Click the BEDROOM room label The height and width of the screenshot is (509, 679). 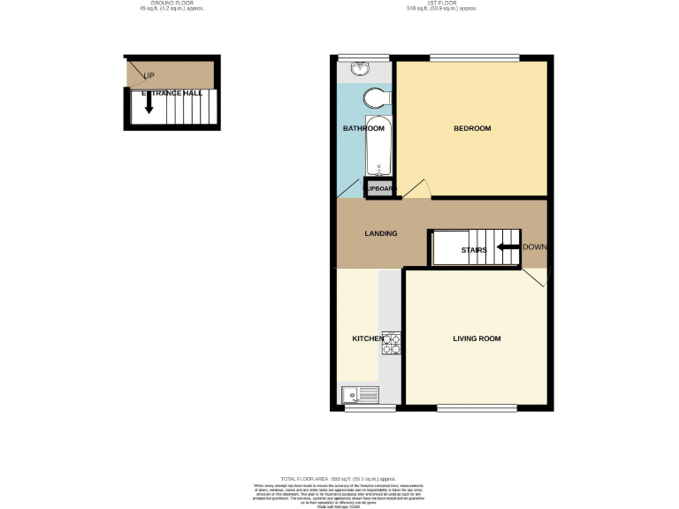point(471,129)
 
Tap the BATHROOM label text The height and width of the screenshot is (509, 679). point(363,129)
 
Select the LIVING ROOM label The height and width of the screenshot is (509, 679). point(477,338)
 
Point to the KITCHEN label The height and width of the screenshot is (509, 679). point(367,338)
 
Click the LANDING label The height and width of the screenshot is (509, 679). point(381,233)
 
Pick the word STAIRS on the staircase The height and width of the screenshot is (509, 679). point(474,250)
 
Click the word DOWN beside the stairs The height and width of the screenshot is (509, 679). point(535,247)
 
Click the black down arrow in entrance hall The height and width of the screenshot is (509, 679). point(149,103)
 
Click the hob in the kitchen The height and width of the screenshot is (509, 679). point(391,343)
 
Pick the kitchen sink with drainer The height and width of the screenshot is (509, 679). point(358,395)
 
